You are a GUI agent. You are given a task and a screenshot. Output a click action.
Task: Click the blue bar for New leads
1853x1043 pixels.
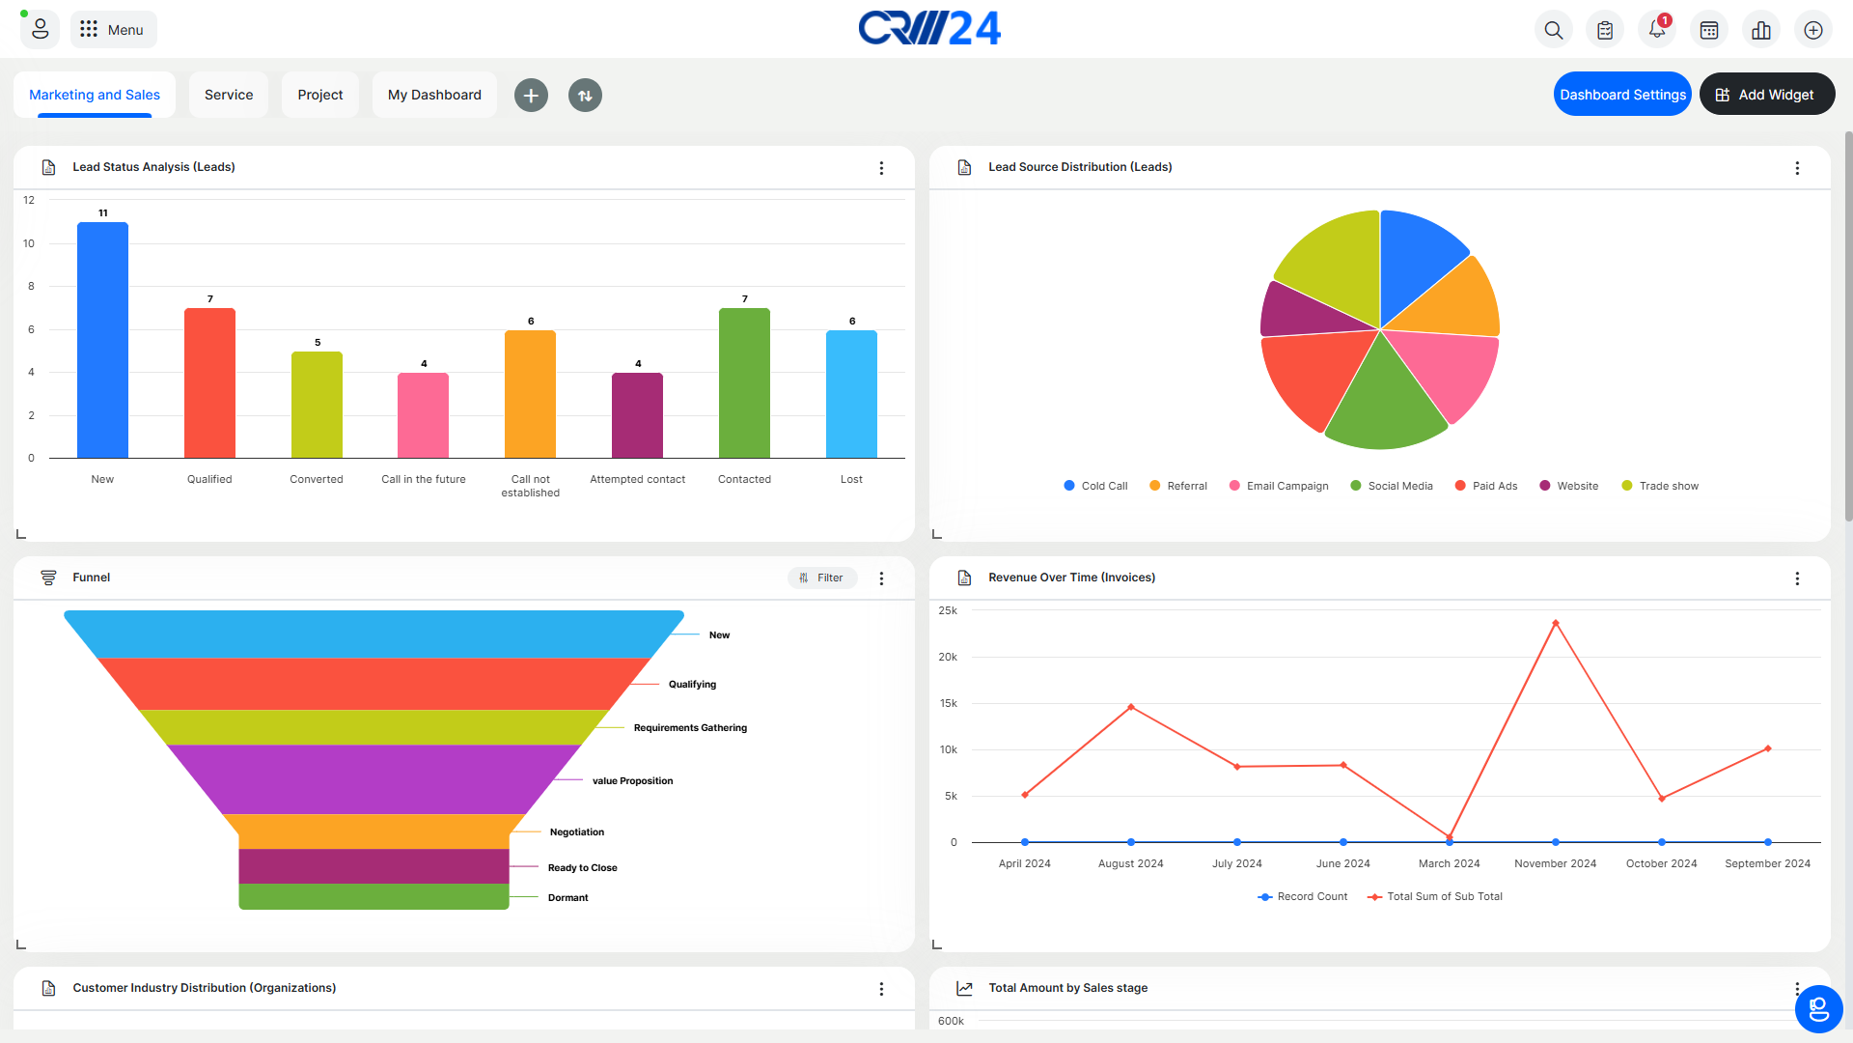click(102, 340)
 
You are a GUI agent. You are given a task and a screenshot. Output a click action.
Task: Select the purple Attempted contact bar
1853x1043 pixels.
click(637, 415)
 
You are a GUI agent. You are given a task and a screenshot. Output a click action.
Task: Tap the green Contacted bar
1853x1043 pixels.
click(744, 382)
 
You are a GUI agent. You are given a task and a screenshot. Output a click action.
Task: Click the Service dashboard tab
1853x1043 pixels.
click(229, 95)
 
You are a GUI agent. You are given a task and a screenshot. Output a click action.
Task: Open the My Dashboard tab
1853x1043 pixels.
click(434, 95)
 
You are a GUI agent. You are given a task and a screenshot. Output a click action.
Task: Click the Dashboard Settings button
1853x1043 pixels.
click(1622, 95)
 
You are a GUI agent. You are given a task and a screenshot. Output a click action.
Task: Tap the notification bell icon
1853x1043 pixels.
click(1657, 30)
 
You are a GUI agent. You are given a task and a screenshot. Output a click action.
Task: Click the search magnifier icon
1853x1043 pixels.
click(1553, 30)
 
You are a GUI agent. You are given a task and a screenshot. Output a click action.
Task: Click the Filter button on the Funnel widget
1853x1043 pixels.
click(822, 578)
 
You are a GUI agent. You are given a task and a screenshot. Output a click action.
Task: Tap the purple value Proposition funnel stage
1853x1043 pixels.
click(374, 778)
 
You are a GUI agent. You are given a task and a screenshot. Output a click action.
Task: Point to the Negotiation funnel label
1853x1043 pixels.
click(577, 832)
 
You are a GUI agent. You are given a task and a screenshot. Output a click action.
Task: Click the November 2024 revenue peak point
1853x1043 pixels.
click(1555, 623)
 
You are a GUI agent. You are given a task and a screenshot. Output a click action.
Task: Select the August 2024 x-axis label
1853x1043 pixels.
click(1130, 863)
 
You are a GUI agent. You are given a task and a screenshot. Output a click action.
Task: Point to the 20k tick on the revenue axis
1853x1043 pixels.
click(948, 657)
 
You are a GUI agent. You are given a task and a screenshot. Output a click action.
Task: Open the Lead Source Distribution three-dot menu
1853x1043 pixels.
click(1796, 168)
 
